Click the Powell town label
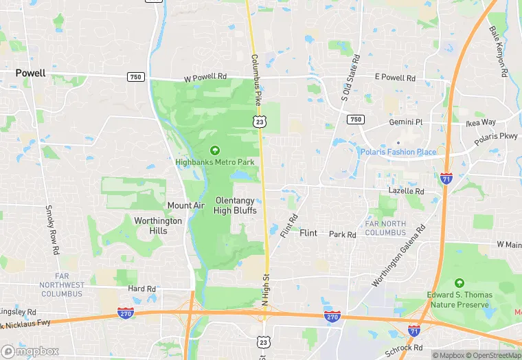(31, 73)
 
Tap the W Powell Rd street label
(205, 78)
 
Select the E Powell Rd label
(395, 78)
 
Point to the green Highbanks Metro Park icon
(214, 150)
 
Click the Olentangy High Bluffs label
(236, 205)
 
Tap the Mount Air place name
(185, 205)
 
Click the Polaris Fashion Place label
(398, 152)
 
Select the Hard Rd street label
(142, 289)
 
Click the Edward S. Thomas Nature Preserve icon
(459, 283)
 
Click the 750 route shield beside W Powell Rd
(135, 77)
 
